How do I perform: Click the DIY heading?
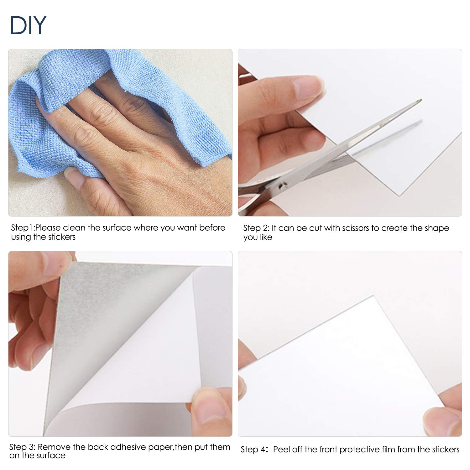click(x=28, y=25)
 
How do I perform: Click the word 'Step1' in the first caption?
click(x=22, y=228)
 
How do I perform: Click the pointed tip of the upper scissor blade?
click(x=420, y=101)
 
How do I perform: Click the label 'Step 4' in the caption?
click(x=253, y=450)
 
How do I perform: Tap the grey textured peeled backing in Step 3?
click(x=103, y=313)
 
